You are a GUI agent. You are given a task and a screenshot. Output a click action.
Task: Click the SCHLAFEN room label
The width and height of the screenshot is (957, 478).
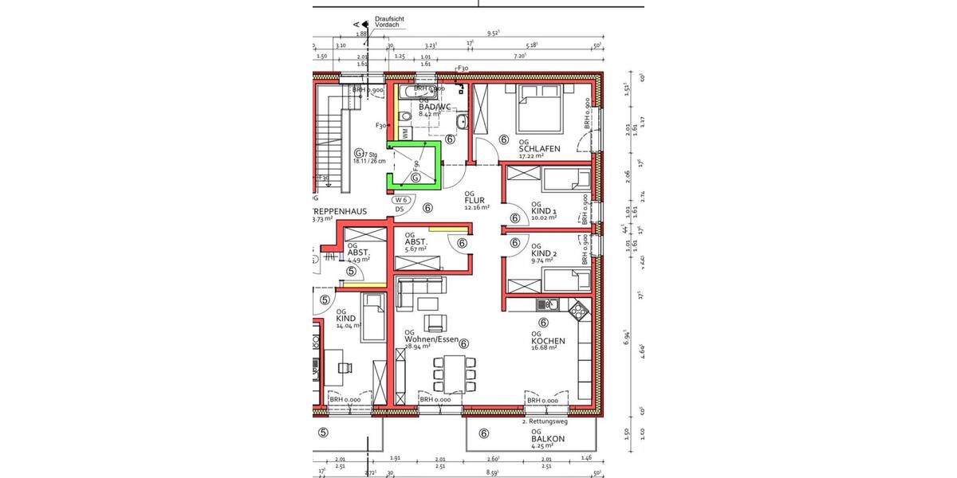click(x=538, y=149)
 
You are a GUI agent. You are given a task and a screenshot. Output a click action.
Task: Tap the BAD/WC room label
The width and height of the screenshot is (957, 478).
click(x=435, y=106)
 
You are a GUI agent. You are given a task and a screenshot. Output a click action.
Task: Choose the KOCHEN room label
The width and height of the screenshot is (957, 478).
click(x=548, y=341)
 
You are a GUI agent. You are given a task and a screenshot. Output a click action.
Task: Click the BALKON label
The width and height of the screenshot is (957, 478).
click(x=548, y=439)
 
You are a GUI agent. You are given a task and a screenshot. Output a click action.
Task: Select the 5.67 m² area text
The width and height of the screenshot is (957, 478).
click(x=415, y=249)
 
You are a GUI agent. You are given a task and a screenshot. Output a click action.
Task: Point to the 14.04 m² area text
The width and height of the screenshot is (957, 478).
click(x=349, y=326)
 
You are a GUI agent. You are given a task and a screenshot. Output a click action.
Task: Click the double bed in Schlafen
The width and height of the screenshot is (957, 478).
click(x=541, y=110)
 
